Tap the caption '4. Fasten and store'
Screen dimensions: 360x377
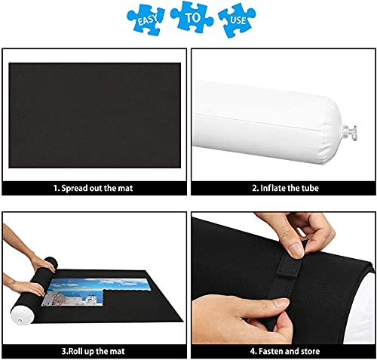pos(282,349)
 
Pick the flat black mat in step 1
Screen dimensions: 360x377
pos(94,113)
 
